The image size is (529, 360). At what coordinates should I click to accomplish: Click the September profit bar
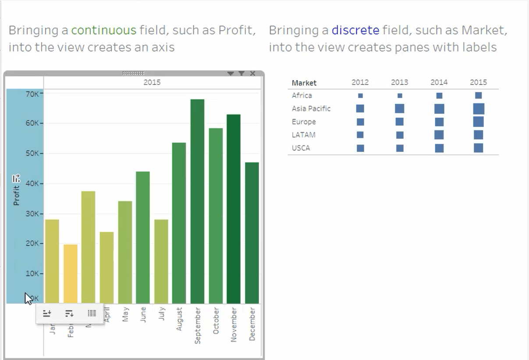coord(197,201)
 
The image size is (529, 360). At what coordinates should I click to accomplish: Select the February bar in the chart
coord(71,274)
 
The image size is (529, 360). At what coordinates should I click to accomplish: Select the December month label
coord(252,324)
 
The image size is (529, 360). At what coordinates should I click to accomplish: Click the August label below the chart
coord(179,319)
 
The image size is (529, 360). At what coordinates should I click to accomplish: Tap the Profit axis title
coord(16,195)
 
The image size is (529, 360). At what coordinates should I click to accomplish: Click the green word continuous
coord(104,30)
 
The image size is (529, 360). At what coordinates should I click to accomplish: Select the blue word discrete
coord(355,30)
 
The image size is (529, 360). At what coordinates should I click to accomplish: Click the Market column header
coord(304,83)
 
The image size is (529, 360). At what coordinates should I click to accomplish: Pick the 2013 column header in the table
coord(399,82)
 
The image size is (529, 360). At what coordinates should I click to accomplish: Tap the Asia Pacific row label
coord(311,109)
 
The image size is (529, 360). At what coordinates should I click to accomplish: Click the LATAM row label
coord(304,135)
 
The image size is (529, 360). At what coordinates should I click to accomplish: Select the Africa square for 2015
coord(478,95)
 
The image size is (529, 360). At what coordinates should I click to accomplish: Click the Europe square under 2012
coord(360,122)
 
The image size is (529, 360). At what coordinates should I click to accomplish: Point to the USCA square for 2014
coord(439,148)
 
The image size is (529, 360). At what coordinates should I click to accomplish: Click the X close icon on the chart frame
coord(252,74)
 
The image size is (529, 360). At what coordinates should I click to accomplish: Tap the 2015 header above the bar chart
coord(152,82)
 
